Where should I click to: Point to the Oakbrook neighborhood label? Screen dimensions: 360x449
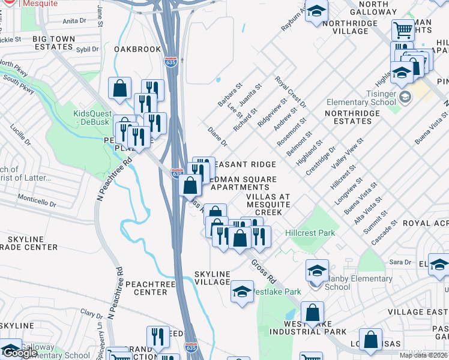(x=137, y=49)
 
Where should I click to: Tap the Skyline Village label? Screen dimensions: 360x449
(x=212, y=278)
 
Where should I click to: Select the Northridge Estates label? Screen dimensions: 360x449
(x=348, y=116)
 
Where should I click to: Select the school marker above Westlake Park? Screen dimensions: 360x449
(x=242, y=292)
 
